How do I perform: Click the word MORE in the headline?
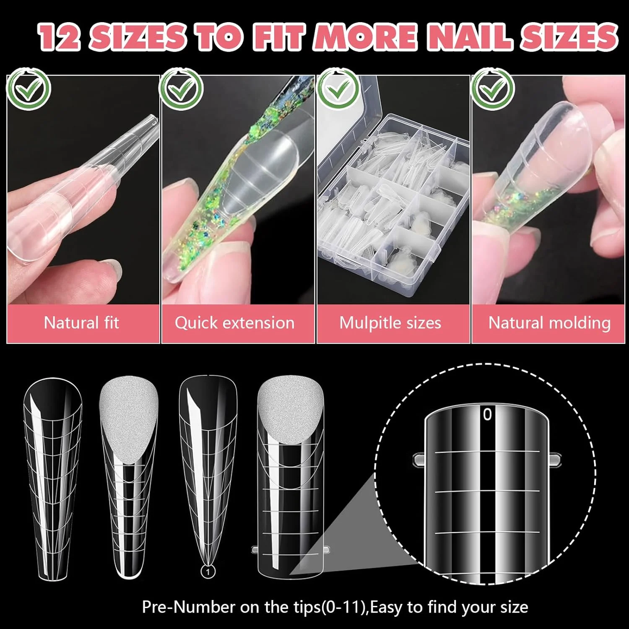(366, 37)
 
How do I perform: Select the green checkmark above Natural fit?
(29, 89)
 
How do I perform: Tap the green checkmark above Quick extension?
(182, 89)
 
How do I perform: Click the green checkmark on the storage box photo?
(338, 89)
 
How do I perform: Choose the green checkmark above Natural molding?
(493, 89)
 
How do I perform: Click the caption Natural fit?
(82, 323)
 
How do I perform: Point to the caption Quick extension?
(235, 323)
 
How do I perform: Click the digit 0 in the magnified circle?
(487, 414)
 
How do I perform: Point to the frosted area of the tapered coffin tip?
(129, 419)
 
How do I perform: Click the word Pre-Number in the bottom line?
(189, 607)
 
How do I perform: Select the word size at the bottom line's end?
(512, 608)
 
